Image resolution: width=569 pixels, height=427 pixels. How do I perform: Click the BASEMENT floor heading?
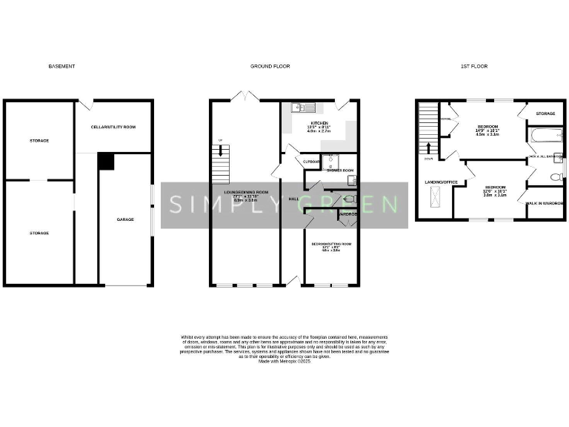(x=61, y=66)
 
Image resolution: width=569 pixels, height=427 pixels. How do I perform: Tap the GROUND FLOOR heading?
(x=270, y=66)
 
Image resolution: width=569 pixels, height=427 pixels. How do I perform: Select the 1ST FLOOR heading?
(x=473, y=66)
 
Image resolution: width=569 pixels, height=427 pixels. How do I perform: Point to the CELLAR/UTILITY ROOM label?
(x=113, y=127)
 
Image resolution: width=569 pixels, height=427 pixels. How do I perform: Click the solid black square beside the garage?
(x=107, y=162)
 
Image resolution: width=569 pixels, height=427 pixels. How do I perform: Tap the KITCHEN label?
(x=319, y=123)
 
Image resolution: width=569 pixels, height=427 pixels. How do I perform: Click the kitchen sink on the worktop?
(x=304, y=107)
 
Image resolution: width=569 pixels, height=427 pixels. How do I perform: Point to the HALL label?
(x=293, y=199)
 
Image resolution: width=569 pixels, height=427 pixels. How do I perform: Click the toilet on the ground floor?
(x=350, y=199)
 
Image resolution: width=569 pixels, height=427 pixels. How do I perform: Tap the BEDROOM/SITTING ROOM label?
(x=331, y=243)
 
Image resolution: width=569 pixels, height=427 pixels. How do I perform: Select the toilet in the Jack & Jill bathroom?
(x=557, y=177)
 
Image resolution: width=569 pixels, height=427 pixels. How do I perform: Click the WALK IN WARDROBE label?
(x=545, y=202)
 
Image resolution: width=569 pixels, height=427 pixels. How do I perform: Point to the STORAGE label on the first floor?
(x=545, y=113)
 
